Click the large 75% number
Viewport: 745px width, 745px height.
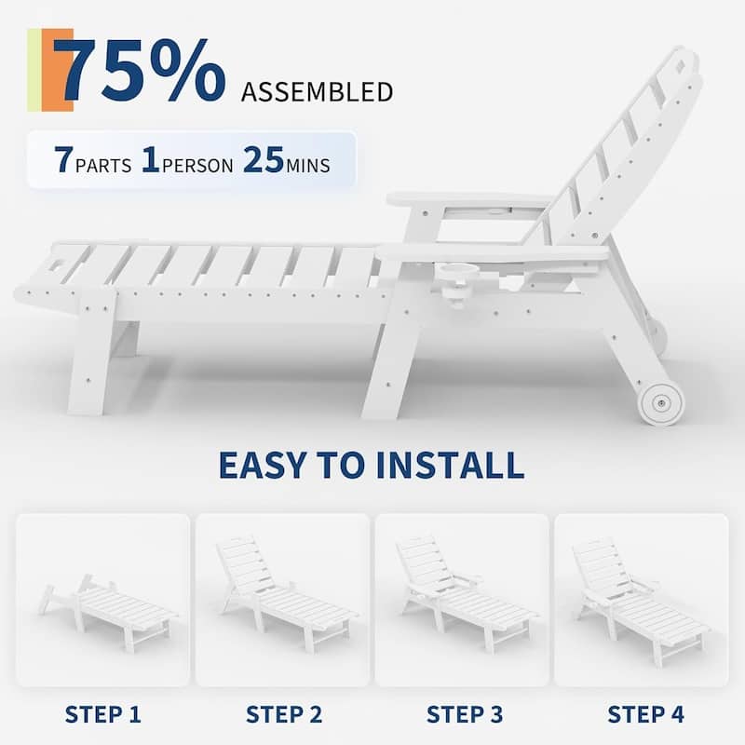(x=139, y=70)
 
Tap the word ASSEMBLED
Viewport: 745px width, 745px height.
(x=317, y=92)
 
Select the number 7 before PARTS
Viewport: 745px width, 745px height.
(x=63, y=159)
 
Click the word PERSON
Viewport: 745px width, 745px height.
(x=197, y=166)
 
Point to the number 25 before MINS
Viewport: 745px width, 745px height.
(x=264, y=159)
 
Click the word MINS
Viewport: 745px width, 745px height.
(x=308, y=166)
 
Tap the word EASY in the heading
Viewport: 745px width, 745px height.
(x=263, y=465)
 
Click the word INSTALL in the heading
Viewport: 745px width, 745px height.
(x=451, y=465)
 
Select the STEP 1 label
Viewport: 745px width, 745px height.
(x=103, y=714)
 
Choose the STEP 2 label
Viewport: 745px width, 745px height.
(x=284, y=714)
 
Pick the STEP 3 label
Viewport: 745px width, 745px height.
(x=465, y=714)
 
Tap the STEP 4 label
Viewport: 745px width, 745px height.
(x=646, y=714)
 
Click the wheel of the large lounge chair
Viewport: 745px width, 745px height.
(x=661, y=403)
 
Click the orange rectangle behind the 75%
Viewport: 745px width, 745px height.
(x=58, y=70)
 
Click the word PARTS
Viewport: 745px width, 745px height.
(x=103, y=166)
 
